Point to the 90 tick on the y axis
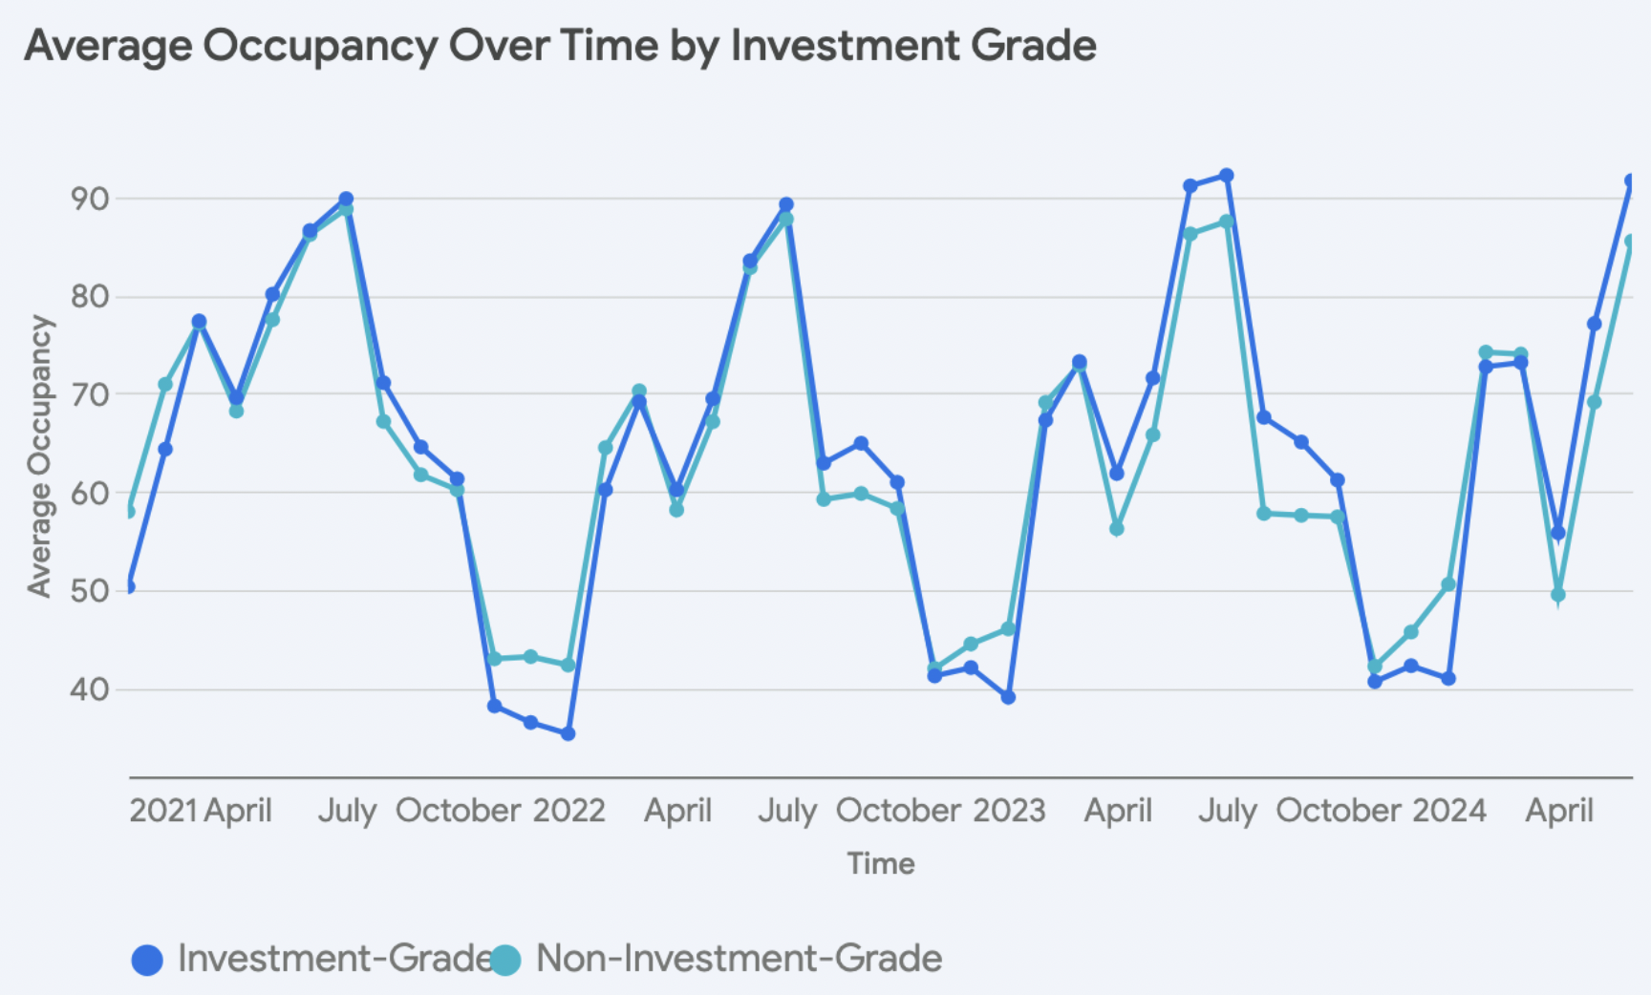[89, 199]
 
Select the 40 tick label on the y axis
[89, 688]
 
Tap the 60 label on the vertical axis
[89, 493]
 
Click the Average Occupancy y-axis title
[39, 456]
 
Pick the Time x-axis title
[880, 863]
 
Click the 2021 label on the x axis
[162, 811]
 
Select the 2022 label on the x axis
[568, 811]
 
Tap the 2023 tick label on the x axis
[1009, 811]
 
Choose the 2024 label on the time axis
[1448, 811]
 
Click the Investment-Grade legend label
[334, 959]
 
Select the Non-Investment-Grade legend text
[739, 959]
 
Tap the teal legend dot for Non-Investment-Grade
[505, 960]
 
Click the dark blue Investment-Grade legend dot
[147, 960]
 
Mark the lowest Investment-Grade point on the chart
[568, 733]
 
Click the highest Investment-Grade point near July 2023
[1227, 176]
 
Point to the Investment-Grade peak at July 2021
[346, 200]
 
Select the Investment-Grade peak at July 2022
[786, 204]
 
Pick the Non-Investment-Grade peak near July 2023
[1227, 222]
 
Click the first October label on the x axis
[458, 811]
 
